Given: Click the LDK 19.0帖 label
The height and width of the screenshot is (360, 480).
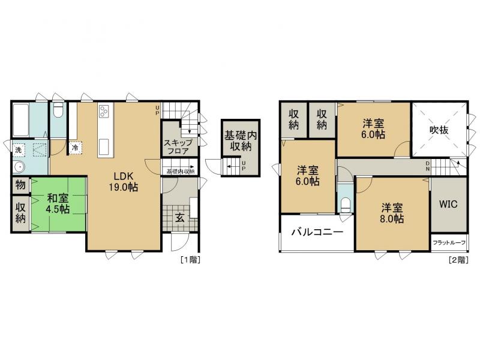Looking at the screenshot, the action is coord(124,182).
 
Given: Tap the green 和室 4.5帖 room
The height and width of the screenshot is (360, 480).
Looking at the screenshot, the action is coord(58,204).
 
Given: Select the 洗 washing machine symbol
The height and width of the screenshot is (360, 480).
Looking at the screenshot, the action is coord(19,150).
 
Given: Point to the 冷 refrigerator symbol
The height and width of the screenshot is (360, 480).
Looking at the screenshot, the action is coord(75,148).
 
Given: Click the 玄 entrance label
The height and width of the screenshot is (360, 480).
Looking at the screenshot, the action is coord(180,218).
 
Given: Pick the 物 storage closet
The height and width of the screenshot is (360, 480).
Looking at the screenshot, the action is coord(20,185).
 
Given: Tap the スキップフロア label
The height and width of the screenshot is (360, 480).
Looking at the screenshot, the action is coord(178,146).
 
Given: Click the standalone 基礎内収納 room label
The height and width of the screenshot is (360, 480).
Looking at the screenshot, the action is coord(241,141).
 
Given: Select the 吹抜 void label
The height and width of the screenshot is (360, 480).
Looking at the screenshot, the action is coord(439,130).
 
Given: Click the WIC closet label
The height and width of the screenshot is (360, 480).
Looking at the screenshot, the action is coord(448,204).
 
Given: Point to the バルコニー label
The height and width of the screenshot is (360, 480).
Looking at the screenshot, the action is coord(317,232).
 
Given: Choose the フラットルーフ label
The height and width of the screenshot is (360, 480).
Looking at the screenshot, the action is coord(449,243).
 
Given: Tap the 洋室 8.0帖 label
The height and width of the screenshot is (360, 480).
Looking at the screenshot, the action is coord(392,214).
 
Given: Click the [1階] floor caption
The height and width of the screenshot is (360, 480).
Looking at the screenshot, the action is coord(191,260).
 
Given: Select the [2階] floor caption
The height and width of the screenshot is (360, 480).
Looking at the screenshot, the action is coord(458,260).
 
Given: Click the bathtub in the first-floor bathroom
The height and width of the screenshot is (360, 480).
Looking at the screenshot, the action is coord(21,119).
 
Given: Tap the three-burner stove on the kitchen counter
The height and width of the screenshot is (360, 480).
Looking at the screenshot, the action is coord(104,111).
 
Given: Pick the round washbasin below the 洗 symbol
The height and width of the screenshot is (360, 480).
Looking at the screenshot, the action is coord(19,167).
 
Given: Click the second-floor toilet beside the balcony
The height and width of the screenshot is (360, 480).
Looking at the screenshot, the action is coord(346,205).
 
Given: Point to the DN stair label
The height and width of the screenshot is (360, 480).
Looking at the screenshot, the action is coord(427,166).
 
